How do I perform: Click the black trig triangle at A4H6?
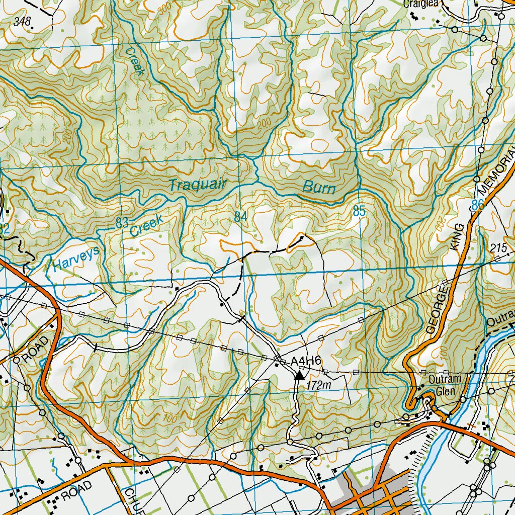[299, 375]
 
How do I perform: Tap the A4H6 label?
[306, 361]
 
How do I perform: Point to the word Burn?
[319, 188]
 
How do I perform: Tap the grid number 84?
[240, 217]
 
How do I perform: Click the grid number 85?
[359, 212]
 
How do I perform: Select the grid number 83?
[122, 223]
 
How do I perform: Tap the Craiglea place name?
[421, 4]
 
